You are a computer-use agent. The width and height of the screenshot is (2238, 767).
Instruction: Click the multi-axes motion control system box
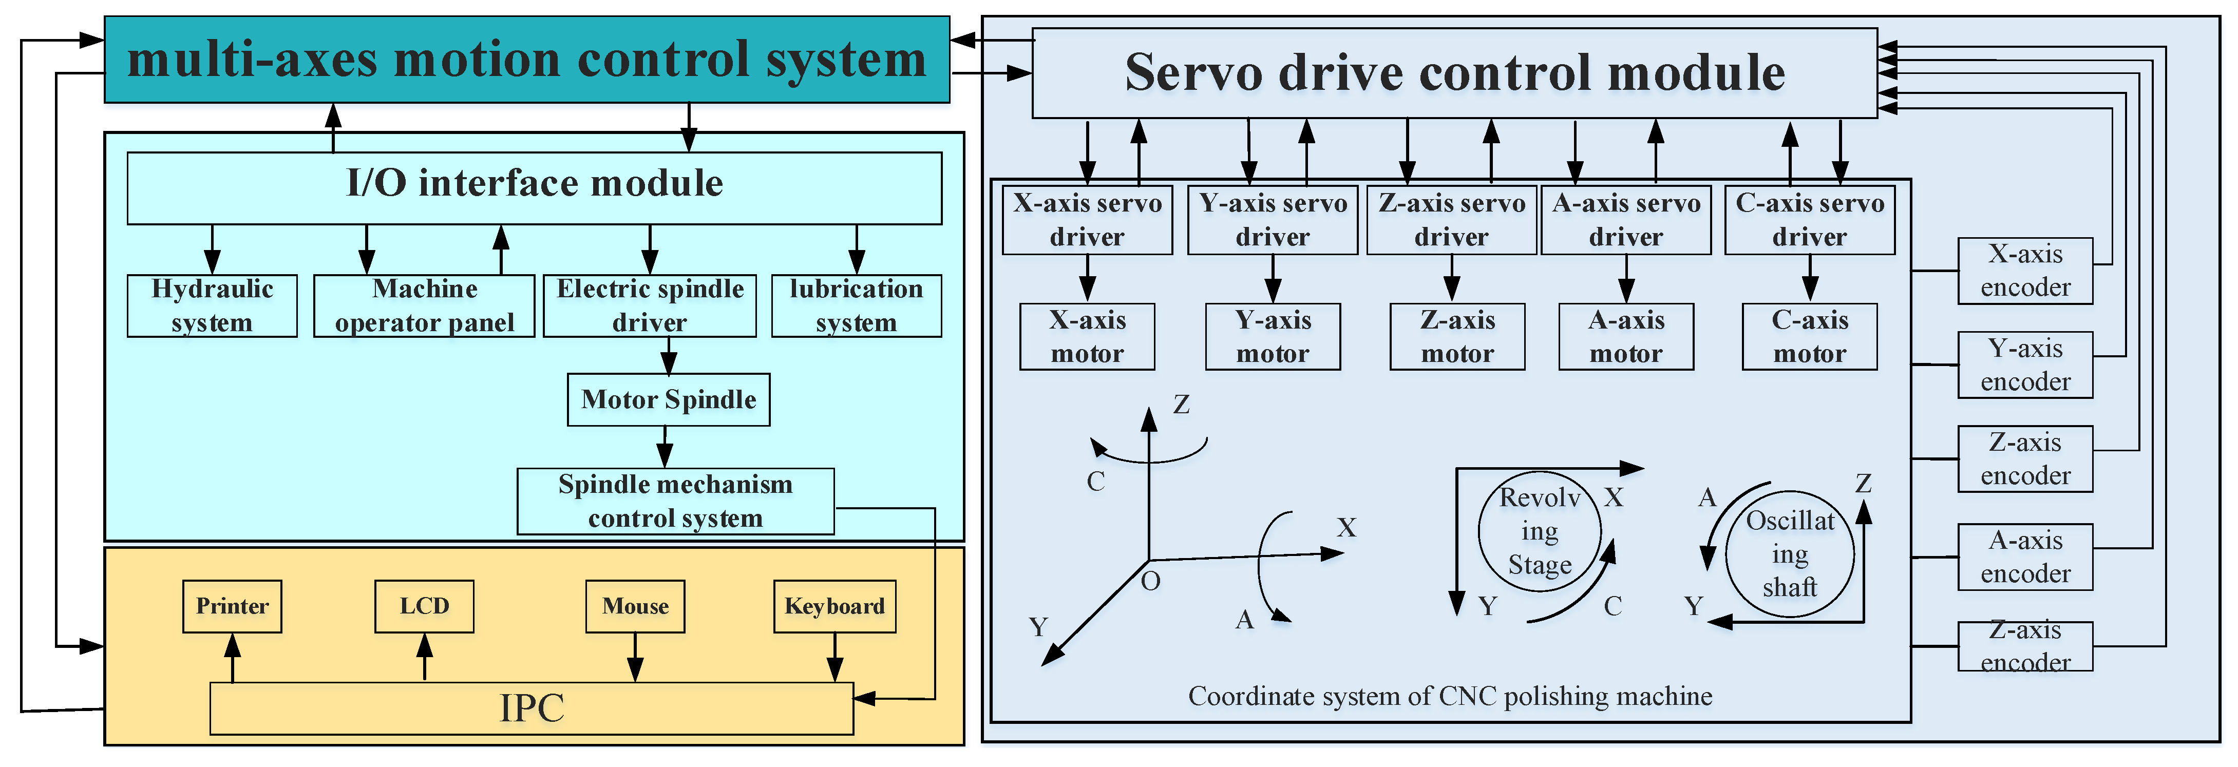(x=526, y=59)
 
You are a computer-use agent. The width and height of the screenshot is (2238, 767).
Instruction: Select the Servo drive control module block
(x=1454, y=73)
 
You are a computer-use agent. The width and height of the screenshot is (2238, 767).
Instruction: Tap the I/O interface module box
(x=534, y=187)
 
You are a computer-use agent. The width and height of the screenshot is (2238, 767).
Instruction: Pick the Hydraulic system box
(x=212, y=306)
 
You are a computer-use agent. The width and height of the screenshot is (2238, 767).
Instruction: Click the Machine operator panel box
(x=424, y=306)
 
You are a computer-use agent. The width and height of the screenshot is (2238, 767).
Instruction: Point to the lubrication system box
(x=856, y=306)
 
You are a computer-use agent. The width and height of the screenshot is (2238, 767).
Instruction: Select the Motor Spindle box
(x=668, y=399)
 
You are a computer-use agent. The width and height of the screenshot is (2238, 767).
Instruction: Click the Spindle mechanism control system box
(x=675, y=501)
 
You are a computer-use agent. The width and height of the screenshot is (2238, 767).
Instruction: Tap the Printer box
(x=232, y=606)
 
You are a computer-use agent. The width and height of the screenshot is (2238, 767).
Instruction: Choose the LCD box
(x=424, y=606)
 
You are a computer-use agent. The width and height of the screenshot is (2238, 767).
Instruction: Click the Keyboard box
(x=834, y=606)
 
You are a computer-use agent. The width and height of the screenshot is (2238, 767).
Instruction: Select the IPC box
(x=531, y=708)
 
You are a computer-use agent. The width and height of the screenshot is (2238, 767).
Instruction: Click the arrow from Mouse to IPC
(x=635, y=658)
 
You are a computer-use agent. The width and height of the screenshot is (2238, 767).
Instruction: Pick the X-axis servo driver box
(x=1087, y=220)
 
